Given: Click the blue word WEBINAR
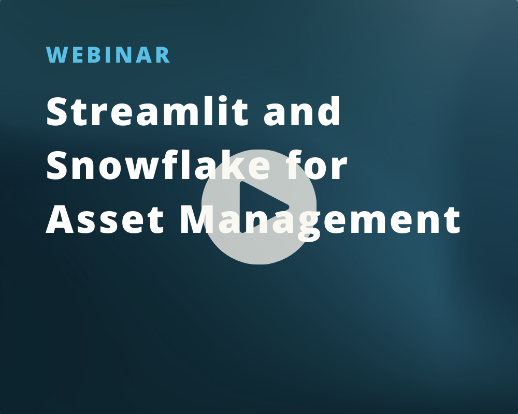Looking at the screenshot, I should tap(108, 55).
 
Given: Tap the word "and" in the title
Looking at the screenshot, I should tap(302, 112).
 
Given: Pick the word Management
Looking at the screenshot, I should tap(320, 220).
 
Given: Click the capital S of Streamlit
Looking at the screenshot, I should tap(58, 112).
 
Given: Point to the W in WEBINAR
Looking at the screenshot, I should tap(56, 55).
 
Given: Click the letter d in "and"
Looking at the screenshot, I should tap(329, 112).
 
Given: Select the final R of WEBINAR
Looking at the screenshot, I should tap(163, 55).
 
